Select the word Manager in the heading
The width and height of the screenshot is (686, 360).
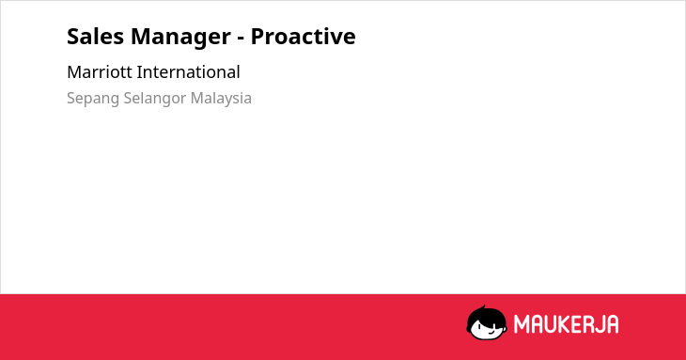[x=180, y=38]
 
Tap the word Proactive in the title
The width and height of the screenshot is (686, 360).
[x=304, y=36]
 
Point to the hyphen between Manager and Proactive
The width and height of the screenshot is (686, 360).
[x=241, y=39]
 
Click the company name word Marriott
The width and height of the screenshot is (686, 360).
[x=100, y=72]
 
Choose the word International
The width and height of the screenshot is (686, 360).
[x=189, y=72]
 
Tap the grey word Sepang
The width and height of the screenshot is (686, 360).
[x=93, y=99]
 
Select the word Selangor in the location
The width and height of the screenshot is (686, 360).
[x=155, y=99]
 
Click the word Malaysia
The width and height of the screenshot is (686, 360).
[x=221, y=99]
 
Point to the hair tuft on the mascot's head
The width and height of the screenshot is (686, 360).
[x=483, y=308]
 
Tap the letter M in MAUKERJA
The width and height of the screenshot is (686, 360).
[x=521, y=324]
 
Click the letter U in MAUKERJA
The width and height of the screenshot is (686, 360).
[x=550, y=324]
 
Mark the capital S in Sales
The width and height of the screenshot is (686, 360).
[x=73, y=36]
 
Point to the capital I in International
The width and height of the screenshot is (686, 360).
[x=138, y=72]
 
